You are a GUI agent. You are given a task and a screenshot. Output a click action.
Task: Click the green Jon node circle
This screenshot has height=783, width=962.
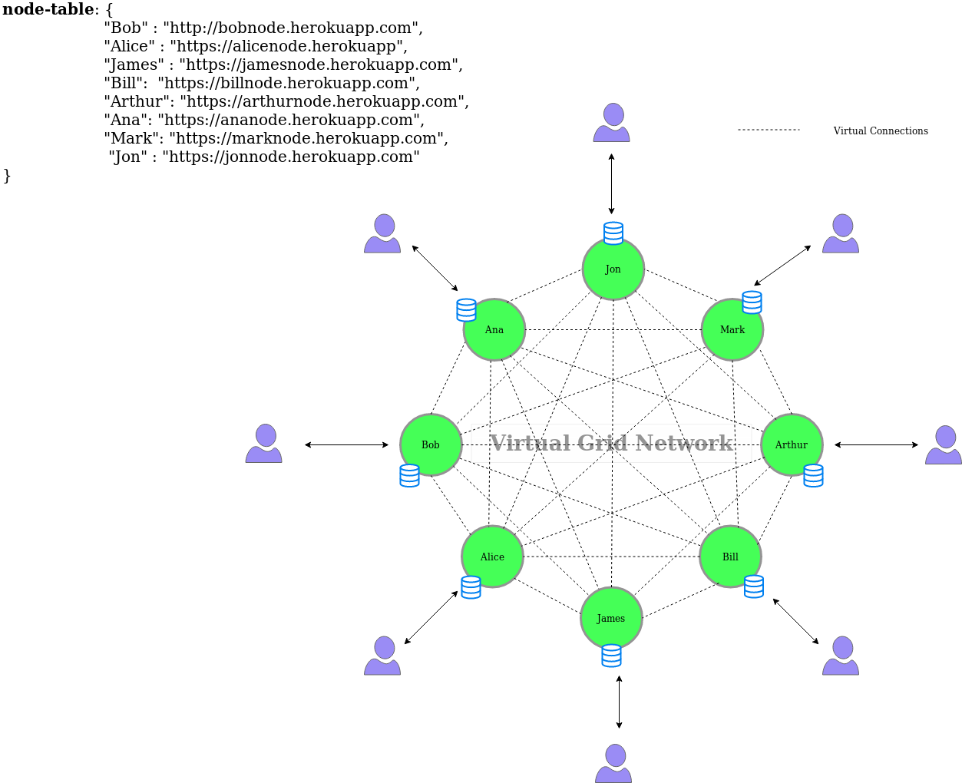[x=613, y=269]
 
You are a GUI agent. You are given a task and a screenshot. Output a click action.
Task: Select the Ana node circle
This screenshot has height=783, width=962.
[x=494, y=329]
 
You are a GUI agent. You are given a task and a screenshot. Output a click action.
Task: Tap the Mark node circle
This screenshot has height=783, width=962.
[x=732, y=329]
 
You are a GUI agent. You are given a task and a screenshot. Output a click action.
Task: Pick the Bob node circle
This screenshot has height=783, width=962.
[x=431, y=444]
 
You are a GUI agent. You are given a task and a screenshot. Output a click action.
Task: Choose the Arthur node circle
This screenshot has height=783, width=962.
[x=792, y=444]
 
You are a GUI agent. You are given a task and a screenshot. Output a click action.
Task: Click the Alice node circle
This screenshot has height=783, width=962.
[x=492, y=557]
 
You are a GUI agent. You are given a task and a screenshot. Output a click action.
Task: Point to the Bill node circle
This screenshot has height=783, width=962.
[x=730, y=557]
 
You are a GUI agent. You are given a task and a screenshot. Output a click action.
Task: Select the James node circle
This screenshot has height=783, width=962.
[x=611, y=618]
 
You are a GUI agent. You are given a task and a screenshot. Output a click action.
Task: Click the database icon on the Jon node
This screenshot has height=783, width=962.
[x=613, y=233]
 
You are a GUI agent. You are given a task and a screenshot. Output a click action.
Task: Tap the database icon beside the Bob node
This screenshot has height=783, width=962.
[x=409, y=475]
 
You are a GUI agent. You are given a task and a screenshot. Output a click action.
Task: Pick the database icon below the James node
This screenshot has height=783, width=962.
[x=611, y=656]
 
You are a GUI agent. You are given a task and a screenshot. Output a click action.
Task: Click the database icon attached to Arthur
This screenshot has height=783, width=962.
[x=813, y=475]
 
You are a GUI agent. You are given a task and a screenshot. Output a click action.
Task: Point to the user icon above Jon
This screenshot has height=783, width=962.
[x=612, y=122]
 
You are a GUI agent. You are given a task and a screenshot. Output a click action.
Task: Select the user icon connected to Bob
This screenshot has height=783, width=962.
[x=264, y=444]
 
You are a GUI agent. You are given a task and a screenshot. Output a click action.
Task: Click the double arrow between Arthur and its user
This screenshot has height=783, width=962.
[x=876, y=444]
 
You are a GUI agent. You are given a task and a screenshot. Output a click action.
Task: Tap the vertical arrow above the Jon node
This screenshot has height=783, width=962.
[x=611, y=183]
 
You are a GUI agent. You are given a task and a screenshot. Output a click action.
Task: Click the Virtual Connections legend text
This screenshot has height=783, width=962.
[x=881, y=131]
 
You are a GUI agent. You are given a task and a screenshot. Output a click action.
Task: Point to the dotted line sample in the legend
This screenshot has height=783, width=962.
[x=769, y=130]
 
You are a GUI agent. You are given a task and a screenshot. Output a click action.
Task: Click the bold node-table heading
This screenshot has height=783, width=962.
[x=48, y=9]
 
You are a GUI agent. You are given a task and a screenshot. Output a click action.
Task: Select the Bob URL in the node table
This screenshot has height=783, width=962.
[x=293, y=28]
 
